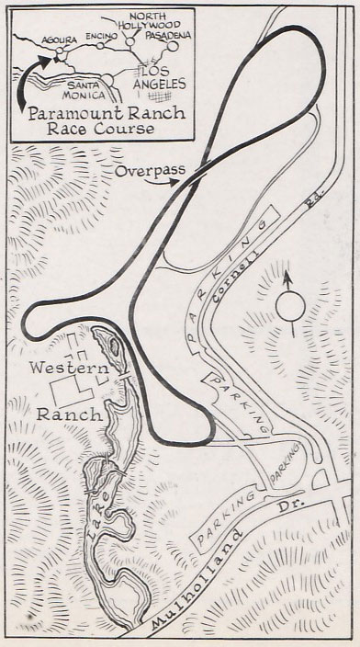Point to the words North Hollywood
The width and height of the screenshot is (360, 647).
155,22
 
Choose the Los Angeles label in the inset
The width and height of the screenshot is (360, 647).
157,76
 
